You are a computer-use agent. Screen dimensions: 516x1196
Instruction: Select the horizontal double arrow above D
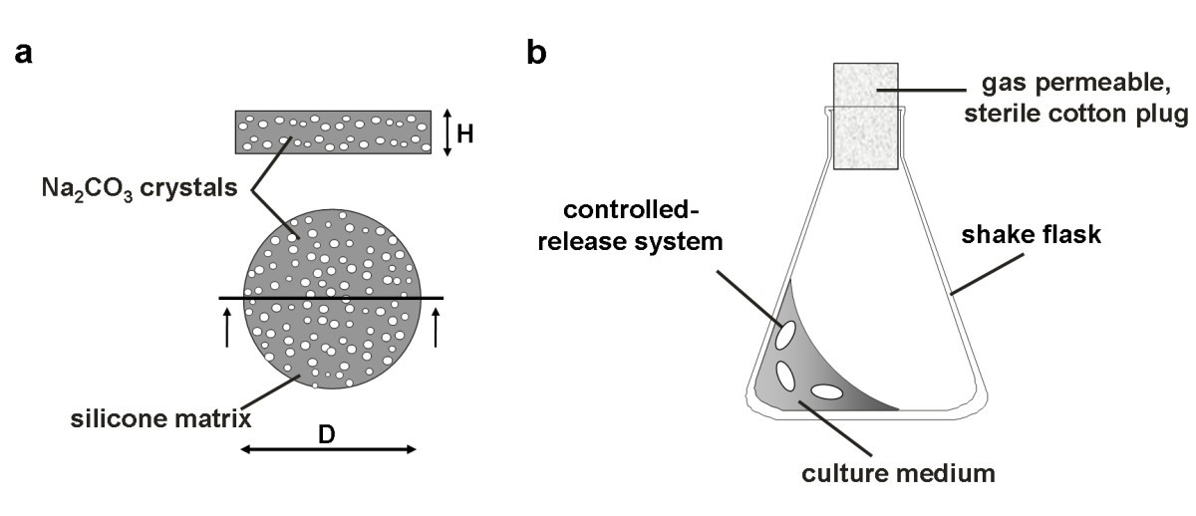click(x=327, y=450)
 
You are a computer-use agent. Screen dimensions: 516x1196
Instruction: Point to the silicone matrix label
click(x=158, y=419)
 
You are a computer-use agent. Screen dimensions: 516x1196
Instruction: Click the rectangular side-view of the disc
click(x=333, y=132)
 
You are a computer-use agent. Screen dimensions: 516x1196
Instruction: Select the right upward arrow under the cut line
click(x=436, y=327)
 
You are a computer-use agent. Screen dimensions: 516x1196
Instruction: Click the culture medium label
click(x=899, y=472)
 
